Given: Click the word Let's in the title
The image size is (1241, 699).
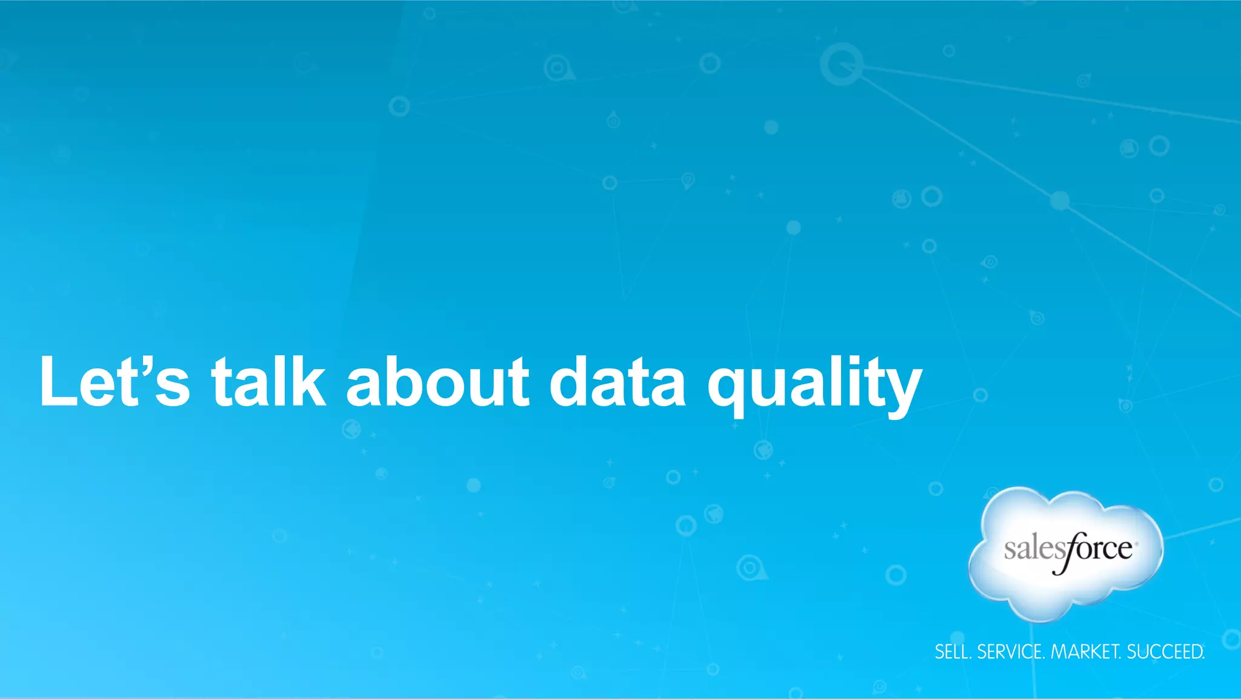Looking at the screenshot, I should [115, 382].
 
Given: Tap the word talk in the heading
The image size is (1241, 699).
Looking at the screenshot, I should [268, 382].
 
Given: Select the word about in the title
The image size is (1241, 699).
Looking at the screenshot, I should [438, 382].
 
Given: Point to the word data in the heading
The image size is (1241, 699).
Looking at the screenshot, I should [617, 382].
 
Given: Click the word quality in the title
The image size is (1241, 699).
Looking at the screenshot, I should [814, 385].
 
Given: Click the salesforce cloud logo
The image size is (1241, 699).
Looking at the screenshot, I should [1066, 553].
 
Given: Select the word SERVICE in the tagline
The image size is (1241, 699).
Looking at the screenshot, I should [1010, 652].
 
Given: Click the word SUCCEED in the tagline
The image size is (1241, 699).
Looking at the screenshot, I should [1165, 652].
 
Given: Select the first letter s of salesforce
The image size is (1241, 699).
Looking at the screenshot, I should [1010, 550].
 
